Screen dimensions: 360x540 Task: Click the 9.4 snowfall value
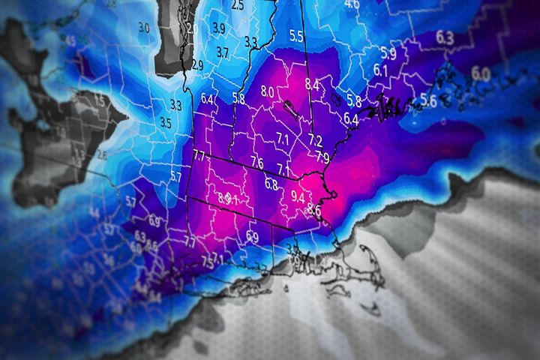tap(297, 198)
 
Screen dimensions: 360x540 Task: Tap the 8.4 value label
tap(312, 85)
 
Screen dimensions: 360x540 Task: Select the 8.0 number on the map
tap(268, 92)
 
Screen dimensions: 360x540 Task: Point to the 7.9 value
tap(322, 157)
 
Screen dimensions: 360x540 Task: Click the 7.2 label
tap(316, 140)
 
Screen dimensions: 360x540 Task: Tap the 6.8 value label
tap(271, 184)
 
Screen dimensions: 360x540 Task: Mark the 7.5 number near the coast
tap(207, 261)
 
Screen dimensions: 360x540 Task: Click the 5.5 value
tap(296, 35)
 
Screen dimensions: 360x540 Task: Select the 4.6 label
tap(351, 4)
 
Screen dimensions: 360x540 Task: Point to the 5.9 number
tap(388, 53)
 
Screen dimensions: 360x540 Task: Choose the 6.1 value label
tap(380, 70)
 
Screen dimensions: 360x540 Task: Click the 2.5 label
tap(238, 5)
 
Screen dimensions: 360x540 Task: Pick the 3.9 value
tap(219, 28)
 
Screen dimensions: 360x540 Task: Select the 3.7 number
tap(223, 52)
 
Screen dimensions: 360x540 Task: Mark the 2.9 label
tap(197, 65)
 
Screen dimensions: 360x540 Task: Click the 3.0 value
tap(144, 28)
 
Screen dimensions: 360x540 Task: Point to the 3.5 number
tap(166, 122)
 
